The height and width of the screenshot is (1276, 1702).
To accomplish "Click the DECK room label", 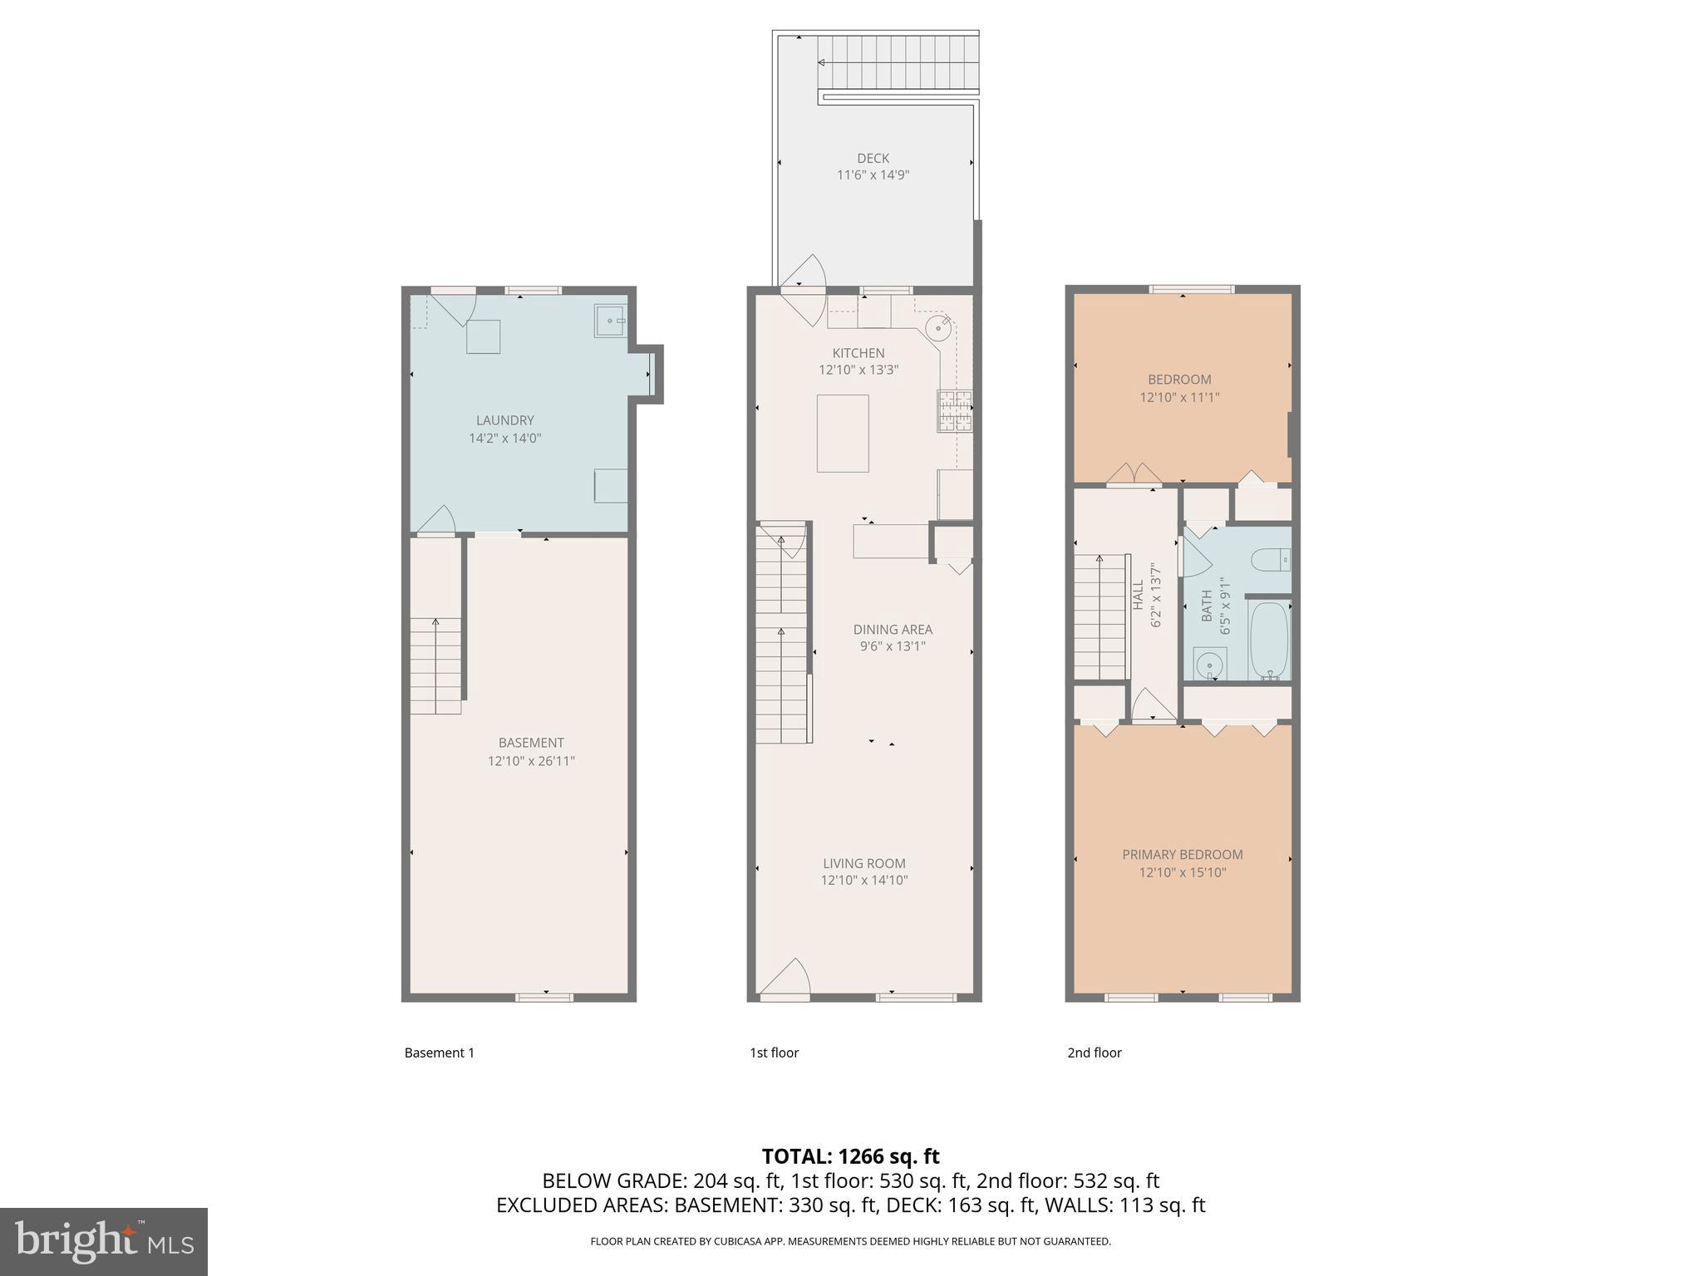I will pyautogui.click(x=873, y=158).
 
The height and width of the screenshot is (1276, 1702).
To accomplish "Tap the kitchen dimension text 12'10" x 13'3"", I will pyautogui.click(x=858, y=370).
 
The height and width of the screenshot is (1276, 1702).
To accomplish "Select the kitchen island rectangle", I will pyautogui.click(x=843, y=433).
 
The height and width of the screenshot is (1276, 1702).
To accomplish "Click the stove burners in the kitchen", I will pyautogui.click(x=956, y=411).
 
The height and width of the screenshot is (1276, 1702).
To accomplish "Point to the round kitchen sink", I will pyautogui.click(x=938, y=328).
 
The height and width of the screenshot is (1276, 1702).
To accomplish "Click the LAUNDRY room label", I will pyautogui.click(x=504, y=420).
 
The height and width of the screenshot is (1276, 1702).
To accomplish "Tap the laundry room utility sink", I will pyautogui.click(x=611, y=321).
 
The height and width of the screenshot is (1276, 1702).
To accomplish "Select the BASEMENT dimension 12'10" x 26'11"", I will pyautogui.click(x=531, y=761).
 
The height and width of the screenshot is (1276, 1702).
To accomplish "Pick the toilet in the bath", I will pyautogui.click(x=1272, y=561).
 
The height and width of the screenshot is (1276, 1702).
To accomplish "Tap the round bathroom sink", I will pyautogui.click(x=1208, y=665).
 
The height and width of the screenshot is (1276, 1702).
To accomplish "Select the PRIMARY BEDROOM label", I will pyautogui.click(x=1183, y=854).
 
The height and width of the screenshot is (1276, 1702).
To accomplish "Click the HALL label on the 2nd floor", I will pyautogui.click(x=1138, y=594).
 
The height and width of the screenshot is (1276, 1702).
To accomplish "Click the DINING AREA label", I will pyautogui.click(x=893, y=629).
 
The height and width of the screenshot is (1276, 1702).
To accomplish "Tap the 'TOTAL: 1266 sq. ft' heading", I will pyautogui.click(x=850, y=1156).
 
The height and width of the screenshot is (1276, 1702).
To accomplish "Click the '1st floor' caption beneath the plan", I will pyautogui.click(x=774, y=1053).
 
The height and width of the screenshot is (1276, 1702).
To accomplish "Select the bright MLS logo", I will pyautogui.click(x=104, y=1241).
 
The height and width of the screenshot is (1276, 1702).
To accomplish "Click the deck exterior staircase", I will pyautogui.click(x=898, y=63).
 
